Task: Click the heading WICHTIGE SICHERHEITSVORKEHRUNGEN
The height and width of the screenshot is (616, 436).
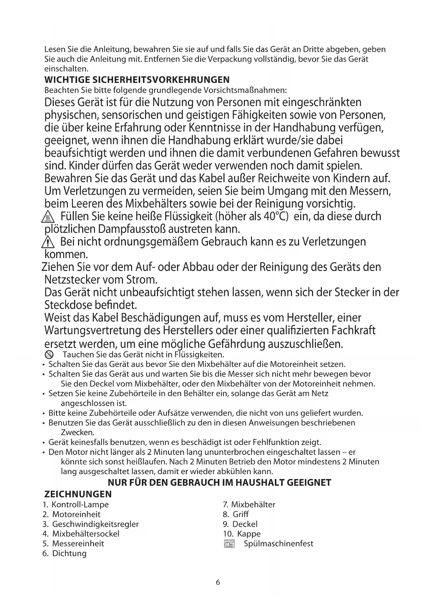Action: [x=137, y=79]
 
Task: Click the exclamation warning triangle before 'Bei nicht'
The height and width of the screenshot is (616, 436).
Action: [x=47, y=242]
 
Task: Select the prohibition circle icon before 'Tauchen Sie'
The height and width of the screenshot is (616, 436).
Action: [x=49, y=354]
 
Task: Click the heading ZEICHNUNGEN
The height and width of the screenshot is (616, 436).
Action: [x=78, y=494]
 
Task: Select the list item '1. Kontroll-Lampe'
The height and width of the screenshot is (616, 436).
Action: [x=76, y=505]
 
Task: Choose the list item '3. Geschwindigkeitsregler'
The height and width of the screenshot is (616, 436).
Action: [x=91, y=524]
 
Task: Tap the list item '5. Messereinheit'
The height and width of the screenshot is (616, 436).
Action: [x=73, y=544]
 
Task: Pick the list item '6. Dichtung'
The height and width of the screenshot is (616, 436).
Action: [x=64, y=553]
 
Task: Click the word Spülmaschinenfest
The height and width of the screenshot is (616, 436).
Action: [x=278, y=544]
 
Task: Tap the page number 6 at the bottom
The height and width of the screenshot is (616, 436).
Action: [x=218, y=582]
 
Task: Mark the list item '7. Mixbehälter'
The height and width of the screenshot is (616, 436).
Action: [x=249, y=505]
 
